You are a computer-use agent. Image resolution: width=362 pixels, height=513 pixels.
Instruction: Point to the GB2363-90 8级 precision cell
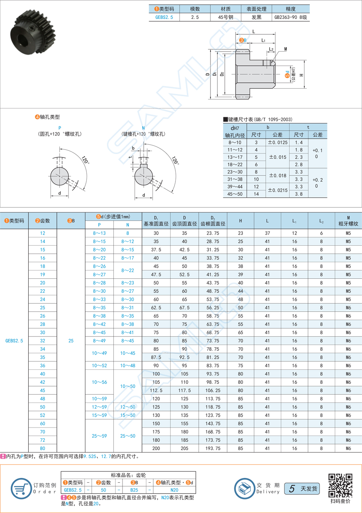pyautogui.click(x=291, y=17)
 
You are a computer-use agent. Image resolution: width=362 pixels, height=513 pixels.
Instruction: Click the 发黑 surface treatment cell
pyautogui.click(x=257, y=17)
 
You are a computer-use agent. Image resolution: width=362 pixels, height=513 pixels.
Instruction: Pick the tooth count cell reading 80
pyautogui.click(x=43, y=448)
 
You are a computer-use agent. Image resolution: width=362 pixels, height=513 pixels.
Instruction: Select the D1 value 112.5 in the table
pyautogui.click(x=156, y=390)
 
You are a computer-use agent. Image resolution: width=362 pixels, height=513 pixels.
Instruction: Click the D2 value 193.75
pyautogui.click(x=213, y=448)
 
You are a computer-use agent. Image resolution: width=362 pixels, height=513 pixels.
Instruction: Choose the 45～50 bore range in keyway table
pyautogui.click(x=235, y=194)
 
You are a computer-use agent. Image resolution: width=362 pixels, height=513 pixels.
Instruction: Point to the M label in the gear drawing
pyautogui.click(x=286, y=49)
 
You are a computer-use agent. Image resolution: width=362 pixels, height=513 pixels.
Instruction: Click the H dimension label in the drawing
pyautogui.click(x=302, y=75)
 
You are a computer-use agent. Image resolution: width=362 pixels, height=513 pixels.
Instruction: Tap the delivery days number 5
pyautogui.click(x=292, y=488)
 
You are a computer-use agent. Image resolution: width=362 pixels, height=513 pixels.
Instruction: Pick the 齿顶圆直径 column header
pyautogui.click(x=185, y=223)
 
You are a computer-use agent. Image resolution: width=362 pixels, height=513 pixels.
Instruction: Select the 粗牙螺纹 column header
pyautogui.click(x=348, y=224)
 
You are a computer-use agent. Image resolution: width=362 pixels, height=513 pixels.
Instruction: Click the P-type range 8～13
pyautogui.click(x=99, y=233)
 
